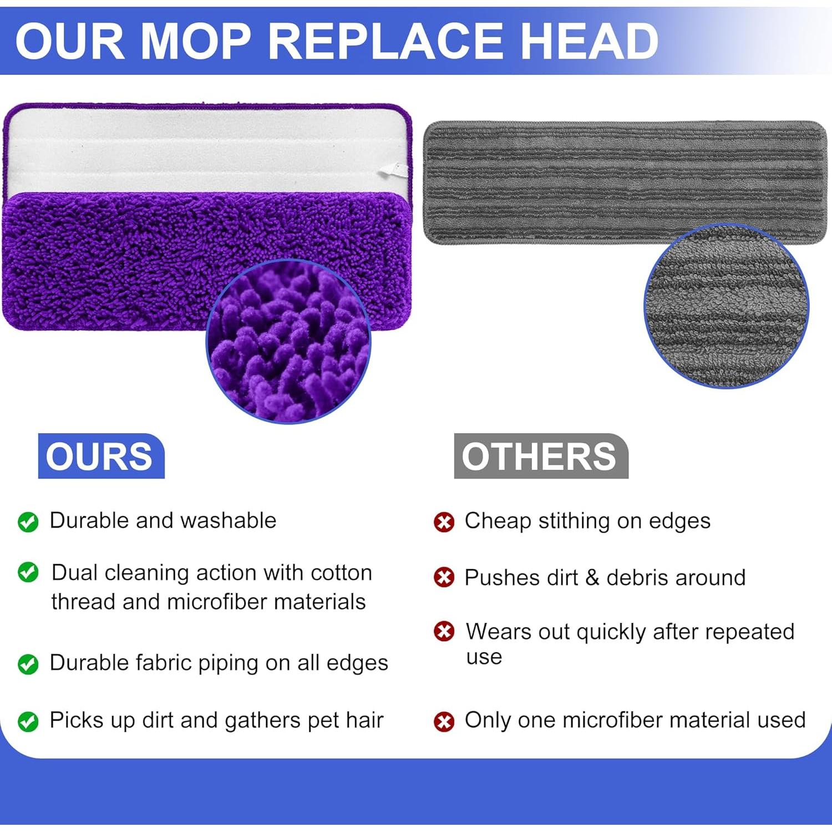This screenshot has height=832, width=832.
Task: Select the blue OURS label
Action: click(101, 456)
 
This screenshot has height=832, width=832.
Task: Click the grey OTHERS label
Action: click(541, 456)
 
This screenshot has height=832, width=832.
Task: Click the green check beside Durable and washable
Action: click(28, 521)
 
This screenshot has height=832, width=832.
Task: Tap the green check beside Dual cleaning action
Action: click(28, 572)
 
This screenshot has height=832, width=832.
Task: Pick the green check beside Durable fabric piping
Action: click(28, 664)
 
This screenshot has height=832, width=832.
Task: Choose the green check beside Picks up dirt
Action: click(28, 722)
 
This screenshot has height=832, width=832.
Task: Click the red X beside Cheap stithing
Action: click(444, 522)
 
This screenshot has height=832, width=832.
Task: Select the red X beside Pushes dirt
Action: click(444, 577)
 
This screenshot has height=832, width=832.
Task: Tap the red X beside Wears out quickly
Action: click(444, 631)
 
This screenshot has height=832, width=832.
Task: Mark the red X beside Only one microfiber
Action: click(444, 722)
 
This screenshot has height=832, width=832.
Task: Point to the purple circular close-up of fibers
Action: click(288, 341)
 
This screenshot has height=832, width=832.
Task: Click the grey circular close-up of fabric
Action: click(727, 306)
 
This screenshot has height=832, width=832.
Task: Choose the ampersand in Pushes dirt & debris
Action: click(592, 577)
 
